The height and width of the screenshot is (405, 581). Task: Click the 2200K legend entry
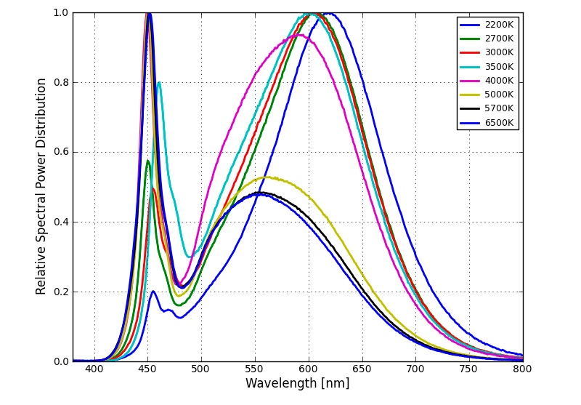[499, 25]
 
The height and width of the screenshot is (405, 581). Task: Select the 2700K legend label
[499, 39]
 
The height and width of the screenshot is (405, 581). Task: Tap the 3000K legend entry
[499, 52]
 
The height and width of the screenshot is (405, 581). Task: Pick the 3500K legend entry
[499, 66]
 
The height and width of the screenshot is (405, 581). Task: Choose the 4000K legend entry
[499, 81]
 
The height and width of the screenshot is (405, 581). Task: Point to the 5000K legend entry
[499, 95]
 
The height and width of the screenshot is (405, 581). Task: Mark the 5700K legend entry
[499, 108]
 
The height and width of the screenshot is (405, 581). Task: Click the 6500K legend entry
[499, 123]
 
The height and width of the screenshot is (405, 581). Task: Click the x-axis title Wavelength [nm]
[297, 384]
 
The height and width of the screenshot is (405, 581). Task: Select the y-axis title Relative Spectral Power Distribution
[41, 186]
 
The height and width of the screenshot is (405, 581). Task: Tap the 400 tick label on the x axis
[94, 369]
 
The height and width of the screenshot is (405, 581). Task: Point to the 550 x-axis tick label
[255, 369]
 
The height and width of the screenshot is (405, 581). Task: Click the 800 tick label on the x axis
[522, 369]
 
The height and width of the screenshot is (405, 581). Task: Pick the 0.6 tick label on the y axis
[60, 152]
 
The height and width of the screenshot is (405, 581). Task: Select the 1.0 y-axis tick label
[60, 12]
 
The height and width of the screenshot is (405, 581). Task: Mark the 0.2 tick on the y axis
[60, 292]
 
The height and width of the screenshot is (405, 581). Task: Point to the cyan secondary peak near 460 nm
[159, 82]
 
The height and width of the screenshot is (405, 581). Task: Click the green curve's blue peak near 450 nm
[147, 161]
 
